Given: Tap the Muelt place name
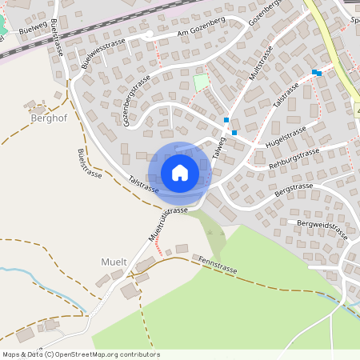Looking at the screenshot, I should [x=114, y=262].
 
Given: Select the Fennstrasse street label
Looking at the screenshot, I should [x=218, y=265].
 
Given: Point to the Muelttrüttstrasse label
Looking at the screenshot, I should [x=167, y=223].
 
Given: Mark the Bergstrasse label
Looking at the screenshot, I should [x=293, y=190].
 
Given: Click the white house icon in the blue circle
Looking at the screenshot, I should [x=180, y=172].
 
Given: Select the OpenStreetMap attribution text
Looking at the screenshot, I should [x=81, y=354].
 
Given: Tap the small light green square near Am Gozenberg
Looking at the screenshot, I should [x=201, y=82].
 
